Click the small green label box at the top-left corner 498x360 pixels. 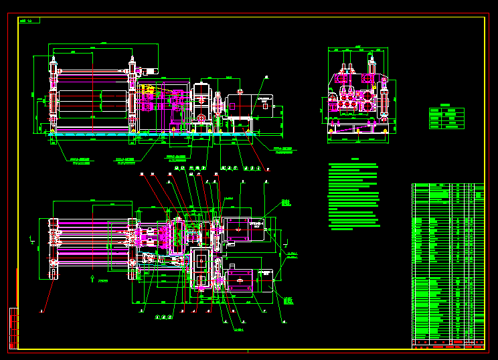pos(29,21)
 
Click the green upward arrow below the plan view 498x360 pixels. pos(92,278)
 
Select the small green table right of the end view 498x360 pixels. pos(446,118)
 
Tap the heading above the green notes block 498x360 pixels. pos(355,159)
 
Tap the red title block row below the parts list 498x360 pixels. pos(447,345)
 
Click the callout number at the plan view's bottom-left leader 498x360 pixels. pos(41,311)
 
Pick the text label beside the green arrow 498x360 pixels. pos(102,282)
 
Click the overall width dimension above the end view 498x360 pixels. pos(358,48)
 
